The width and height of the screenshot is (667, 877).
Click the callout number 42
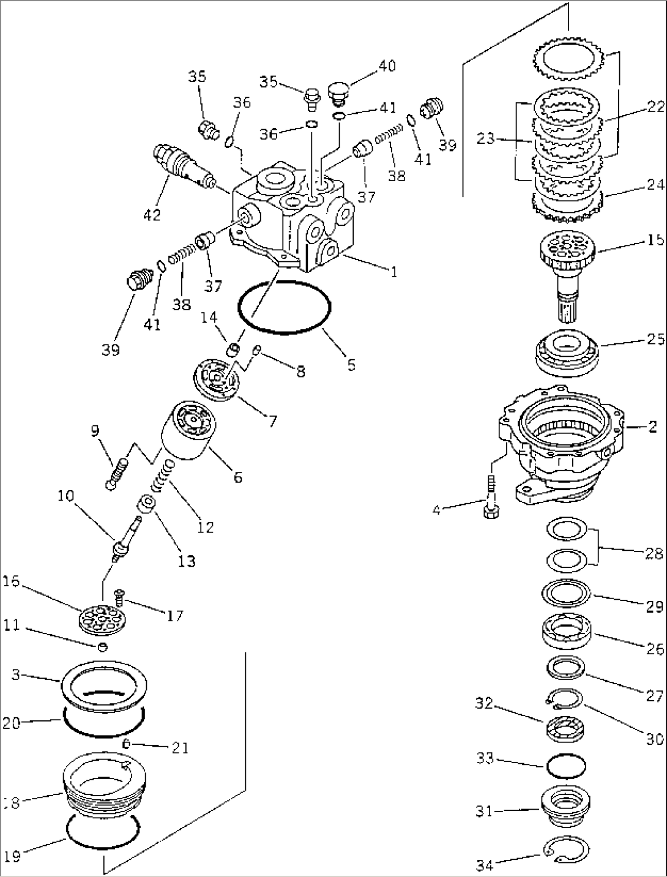152,215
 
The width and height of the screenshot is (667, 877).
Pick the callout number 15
655,240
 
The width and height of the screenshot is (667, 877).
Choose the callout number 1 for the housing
394,271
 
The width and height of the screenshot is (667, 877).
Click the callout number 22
655,107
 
